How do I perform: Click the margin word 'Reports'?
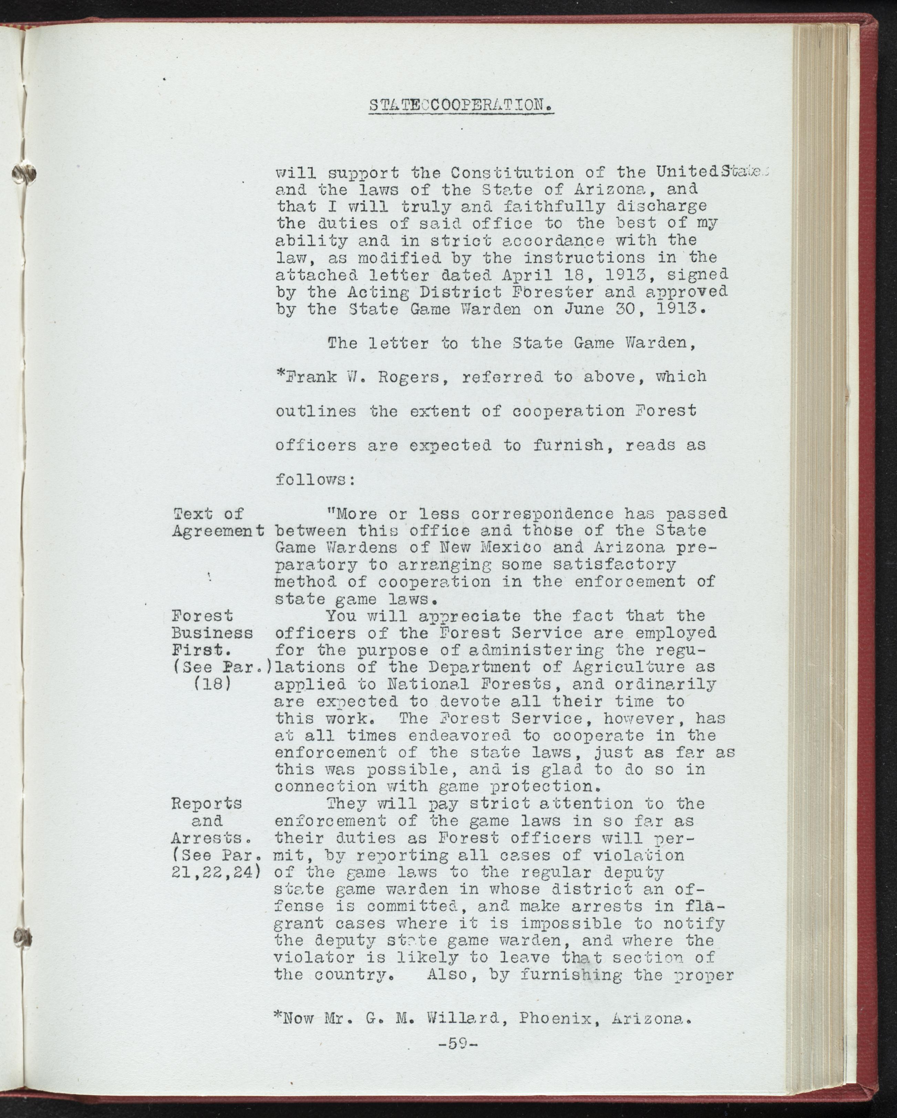(x=206, y=804)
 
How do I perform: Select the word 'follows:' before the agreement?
(x=315, y=480)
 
